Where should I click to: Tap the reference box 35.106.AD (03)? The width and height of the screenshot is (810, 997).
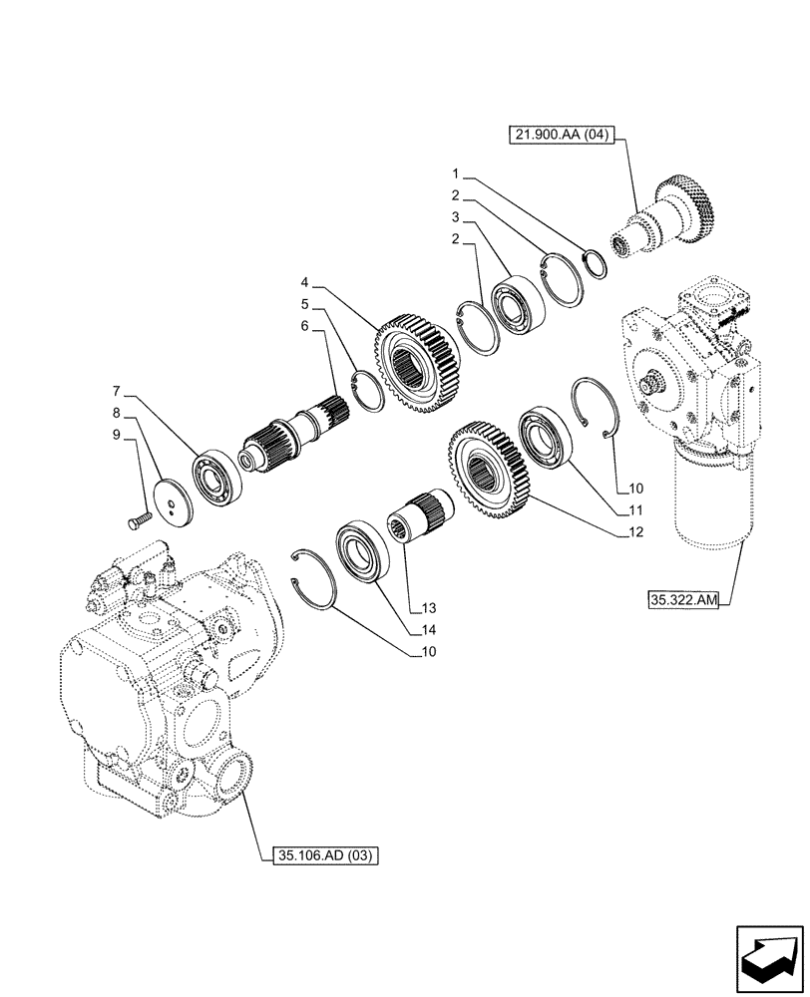click(x=326, y=854)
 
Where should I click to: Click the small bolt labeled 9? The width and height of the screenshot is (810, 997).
click(x=139, y=518)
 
